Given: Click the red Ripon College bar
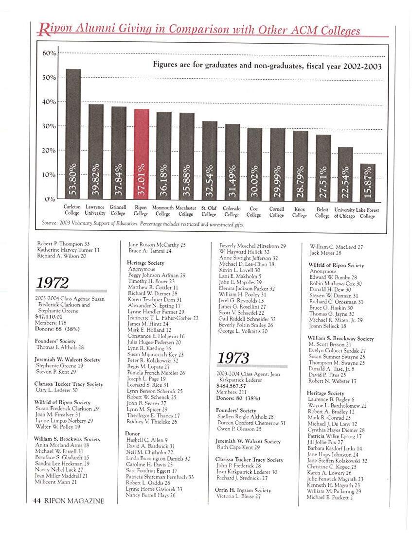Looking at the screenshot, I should (x=141, y=153).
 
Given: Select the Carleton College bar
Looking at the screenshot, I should (x=73, y=134).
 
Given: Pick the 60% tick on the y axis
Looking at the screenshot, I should (x=50, y=53).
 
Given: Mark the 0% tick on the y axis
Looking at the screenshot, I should (x=51, y=199).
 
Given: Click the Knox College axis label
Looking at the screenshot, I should (x=300, y=212).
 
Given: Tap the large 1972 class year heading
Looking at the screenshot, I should (x=53, y=282).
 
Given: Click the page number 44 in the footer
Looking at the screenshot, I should (x=36, y=501).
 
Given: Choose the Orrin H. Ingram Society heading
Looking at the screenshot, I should (x=243, y=490).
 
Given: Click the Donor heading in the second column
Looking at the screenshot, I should (x=132, y=433).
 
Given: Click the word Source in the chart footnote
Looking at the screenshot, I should (x=50, y=224).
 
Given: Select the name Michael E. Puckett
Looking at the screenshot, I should (x=330, y=497).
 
